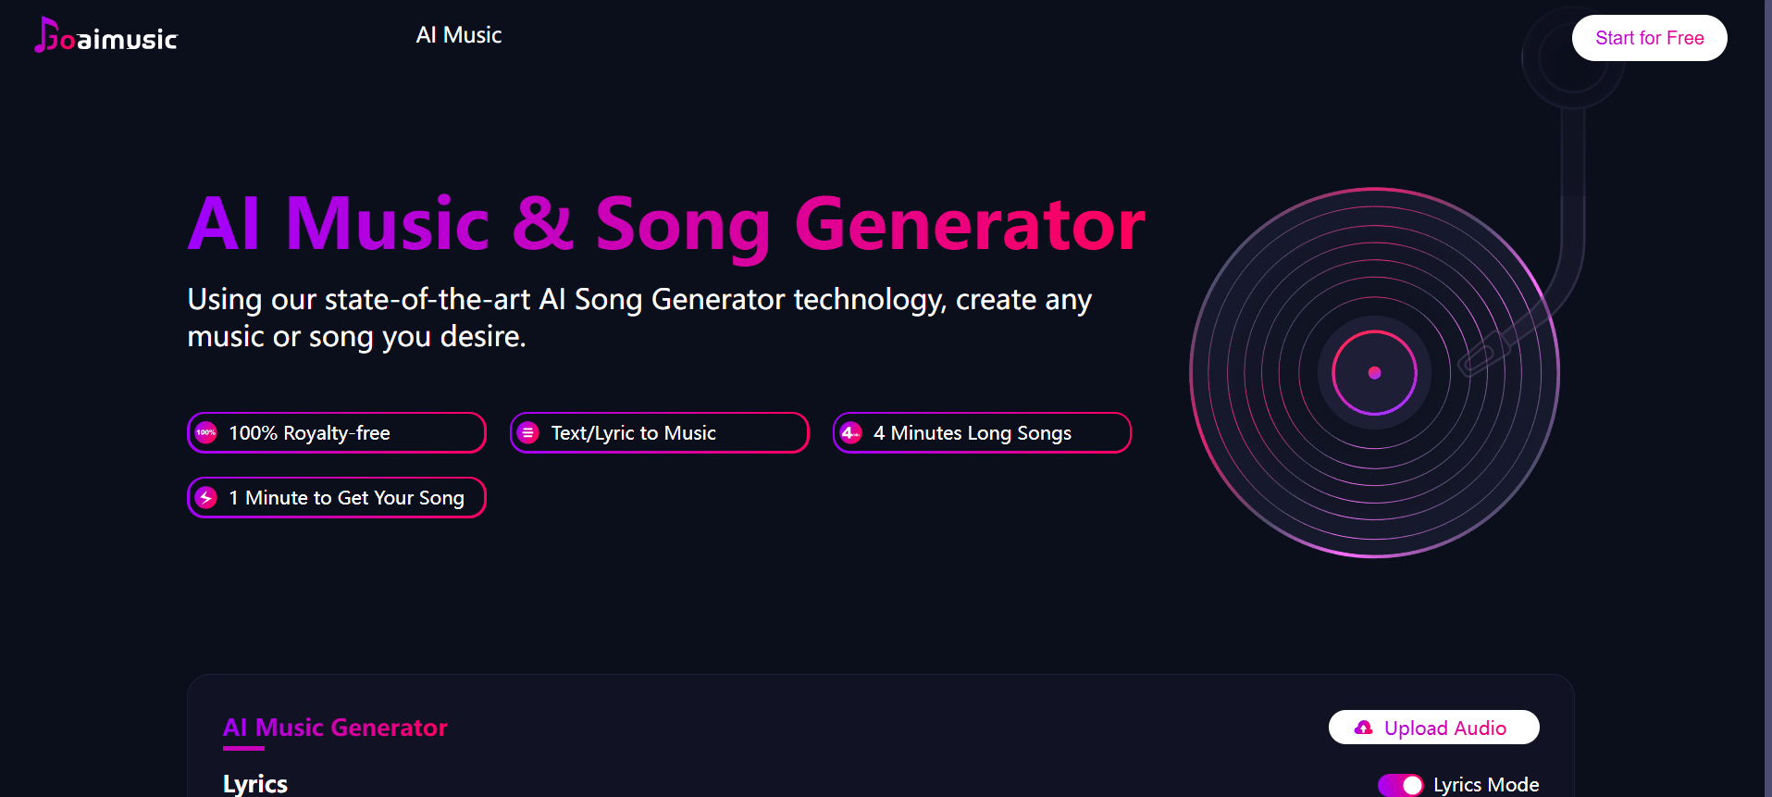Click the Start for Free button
(1649, 38)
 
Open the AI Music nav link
(458, 35)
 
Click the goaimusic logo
(105, 36)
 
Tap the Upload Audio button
(1433, 728)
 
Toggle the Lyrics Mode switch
(1400, 785)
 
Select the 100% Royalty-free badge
(337, 432)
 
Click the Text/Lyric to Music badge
(660, 432)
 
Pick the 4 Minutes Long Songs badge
(982, 432)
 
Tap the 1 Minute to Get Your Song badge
(337, 497)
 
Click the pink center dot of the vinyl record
(1374, 373)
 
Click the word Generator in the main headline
(970, 225)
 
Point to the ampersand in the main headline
(543, 224)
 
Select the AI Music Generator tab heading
(335, 728)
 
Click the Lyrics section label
(255, 784)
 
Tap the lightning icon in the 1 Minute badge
(206, 497)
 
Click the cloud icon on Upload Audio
(1363, 728)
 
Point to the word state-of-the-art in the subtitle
(428, 300)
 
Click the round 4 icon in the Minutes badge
(851, 432)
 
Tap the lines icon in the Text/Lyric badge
(528, 432)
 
